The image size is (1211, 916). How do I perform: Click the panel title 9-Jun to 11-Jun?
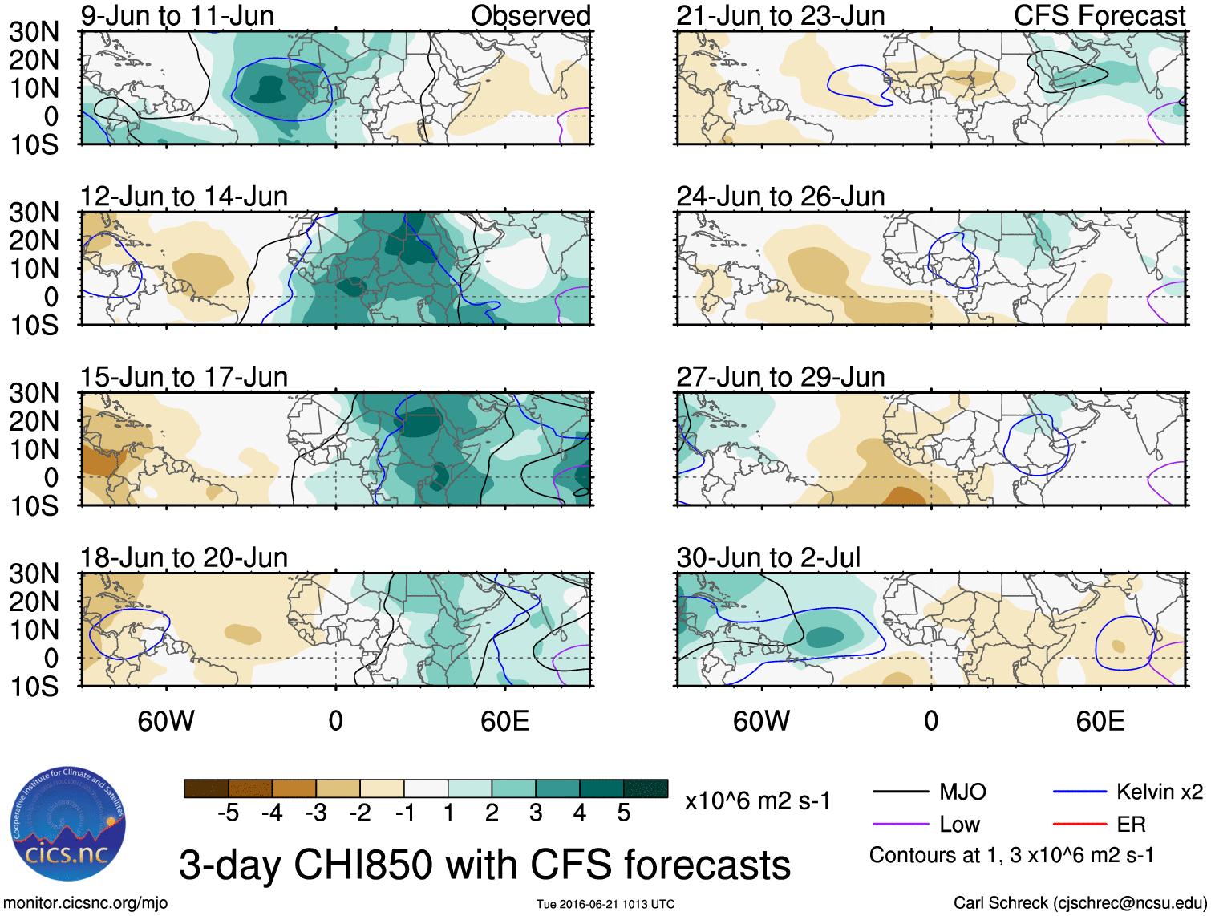click(177, 15)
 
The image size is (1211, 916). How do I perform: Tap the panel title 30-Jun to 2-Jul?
click(768, 557)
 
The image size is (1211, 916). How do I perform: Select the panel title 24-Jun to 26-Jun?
click(780, 196)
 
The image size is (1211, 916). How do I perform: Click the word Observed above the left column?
click(531, 15)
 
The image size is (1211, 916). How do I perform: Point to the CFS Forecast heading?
click(1100, 15)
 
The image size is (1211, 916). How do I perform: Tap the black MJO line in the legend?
click(901, 792)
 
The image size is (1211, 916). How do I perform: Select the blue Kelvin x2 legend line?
click(1079, 792)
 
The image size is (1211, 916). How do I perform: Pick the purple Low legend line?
click(901, 825)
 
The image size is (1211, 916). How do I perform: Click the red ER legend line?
click(1079, 825)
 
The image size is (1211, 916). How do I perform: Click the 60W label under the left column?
click(166, 721)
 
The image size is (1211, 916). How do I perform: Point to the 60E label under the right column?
click(1100, 721)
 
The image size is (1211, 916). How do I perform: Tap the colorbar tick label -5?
click(228, 813)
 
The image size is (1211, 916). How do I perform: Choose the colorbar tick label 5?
click(623, 813)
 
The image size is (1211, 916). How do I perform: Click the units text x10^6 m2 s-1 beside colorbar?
click(757, 800)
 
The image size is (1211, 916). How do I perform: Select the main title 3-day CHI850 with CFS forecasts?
click(484, 865)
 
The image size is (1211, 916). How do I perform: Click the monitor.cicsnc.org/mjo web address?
click(86, 903)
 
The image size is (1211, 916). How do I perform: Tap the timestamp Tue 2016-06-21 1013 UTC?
click(605, 905)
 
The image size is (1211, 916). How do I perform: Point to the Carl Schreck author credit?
click(1079, 903)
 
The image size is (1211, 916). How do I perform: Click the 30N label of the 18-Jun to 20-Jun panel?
click(34, 574)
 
